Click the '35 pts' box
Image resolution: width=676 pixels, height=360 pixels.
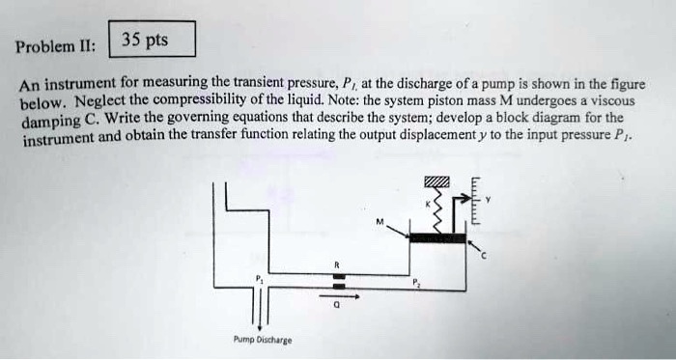click(x=154, y=40)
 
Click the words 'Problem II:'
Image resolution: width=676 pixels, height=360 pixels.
click(x=57, y=46)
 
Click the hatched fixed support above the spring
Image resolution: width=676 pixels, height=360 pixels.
click(x=437, y=184)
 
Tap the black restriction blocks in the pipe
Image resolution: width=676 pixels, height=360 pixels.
click(x=338, y=281)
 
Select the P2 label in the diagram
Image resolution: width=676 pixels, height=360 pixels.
click(x=416, y=283)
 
